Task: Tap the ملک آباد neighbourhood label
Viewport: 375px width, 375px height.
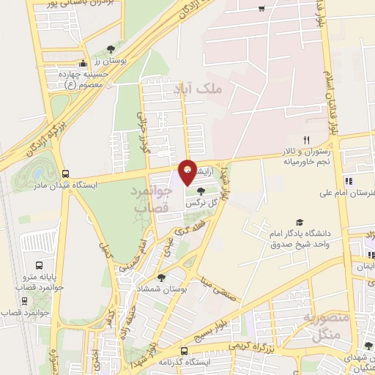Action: coord(198,89)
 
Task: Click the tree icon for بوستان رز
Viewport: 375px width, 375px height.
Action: coord(111,50)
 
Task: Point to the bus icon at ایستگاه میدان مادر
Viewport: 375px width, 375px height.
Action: coord(67,174)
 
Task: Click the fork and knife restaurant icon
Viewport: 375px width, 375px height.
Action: coord(307,140)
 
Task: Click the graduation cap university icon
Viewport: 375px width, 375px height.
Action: coord(299,222)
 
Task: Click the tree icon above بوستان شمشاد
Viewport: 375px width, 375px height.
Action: coord(160,277)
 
